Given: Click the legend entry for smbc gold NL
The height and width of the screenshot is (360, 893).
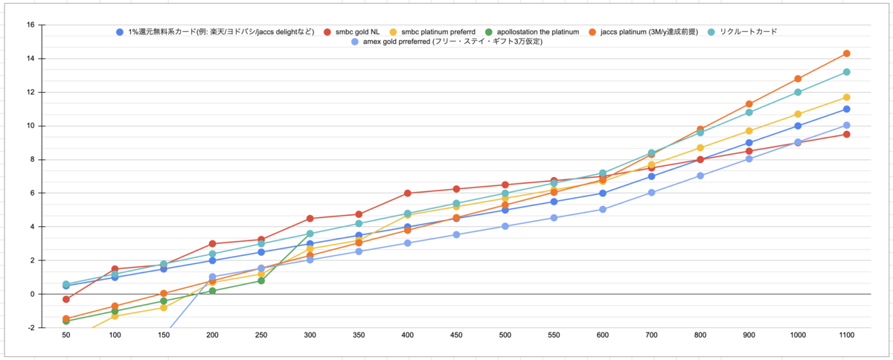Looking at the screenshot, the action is pyautogui.click(x=351, y=32).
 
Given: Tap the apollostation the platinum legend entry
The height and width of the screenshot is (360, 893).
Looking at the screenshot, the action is pyautogui.click(x=532, y=32).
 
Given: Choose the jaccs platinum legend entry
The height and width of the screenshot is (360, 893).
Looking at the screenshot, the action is pyautogui.click(x=644, y=32).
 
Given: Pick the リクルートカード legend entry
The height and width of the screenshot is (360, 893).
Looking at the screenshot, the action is pyautogui.click(x=743, y=31).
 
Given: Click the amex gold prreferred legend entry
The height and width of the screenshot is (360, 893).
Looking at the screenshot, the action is pyautogui.click(x=446, y=42).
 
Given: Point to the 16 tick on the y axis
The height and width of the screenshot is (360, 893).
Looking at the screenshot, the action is pyautogui.click(x=31, y=25).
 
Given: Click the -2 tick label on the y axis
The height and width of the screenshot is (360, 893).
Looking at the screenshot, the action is pyautogui.click(x=31, y=328).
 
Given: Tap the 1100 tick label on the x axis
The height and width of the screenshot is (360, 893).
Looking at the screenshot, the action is pyautogui.click(x=846, y=335).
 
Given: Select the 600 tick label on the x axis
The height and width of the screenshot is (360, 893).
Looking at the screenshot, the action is pyautogui.click(x=602, y=335).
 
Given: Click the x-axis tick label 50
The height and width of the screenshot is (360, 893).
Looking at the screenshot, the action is pyautogui.click(x=66, y=335).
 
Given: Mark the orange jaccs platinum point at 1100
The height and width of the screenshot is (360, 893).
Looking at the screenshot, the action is pyautogui.click(x=846, y=54).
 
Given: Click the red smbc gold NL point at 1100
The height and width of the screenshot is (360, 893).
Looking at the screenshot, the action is pyautogui.click(x=846, y=135).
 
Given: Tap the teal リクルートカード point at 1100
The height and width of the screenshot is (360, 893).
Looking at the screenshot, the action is pyautogui.click(x=846, y=72).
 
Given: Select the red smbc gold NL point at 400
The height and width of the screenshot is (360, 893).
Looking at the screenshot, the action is pyautogui.click(x=408, y=193).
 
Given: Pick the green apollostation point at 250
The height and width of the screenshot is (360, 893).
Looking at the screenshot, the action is pyautogui.click(x=261, y=280).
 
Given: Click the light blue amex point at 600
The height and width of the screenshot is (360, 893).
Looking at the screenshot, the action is pyautogui.click(x=602, y=209).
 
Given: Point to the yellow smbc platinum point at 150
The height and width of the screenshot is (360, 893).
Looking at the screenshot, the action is pyautogui.click(x=164, y=308).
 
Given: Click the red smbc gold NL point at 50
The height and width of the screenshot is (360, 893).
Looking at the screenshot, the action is pyautogui.click(x=66, y=299).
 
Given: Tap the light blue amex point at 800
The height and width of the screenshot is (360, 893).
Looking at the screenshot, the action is pyautogui.click(x=700, y=176).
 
